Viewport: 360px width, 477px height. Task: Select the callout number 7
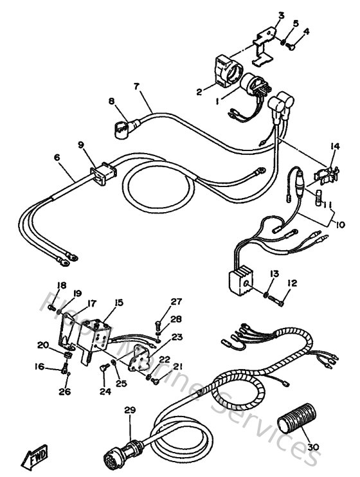coord(136,87)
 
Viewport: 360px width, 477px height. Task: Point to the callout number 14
coord(334,147)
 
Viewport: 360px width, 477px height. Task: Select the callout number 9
coord(82,145)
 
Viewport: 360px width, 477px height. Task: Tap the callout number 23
coord(177,336)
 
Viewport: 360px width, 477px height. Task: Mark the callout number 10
coord(339,225)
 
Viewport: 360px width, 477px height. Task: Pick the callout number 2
coord(199,92)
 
